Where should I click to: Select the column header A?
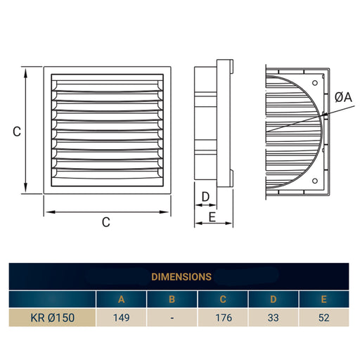click(x=122, y=299)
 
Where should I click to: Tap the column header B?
click(x=172, y=299)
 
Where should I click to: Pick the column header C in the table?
click(x=223, y=299)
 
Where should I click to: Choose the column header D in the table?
click(x=274, y=299)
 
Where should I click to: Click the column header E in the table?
click(x=323, y=299)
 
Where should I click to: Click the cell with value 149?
click(x=122, y=316)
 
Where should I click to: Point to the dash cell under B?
click(x=172, y=316)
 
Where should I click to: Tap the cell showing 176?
click(x=223, y=316)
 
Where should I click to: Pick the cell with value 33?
click(x=274, y=316)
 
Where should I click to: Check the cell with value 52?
click(x=323, y=316)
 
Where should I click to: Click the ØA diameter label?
click(x=343, y=98)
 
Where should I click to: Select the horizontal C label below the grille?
click(x=105, y=223)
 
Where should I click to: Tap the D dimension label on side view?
click(x=206, y=195)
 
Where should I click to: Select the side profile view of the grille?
click(x=213, y=127)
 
